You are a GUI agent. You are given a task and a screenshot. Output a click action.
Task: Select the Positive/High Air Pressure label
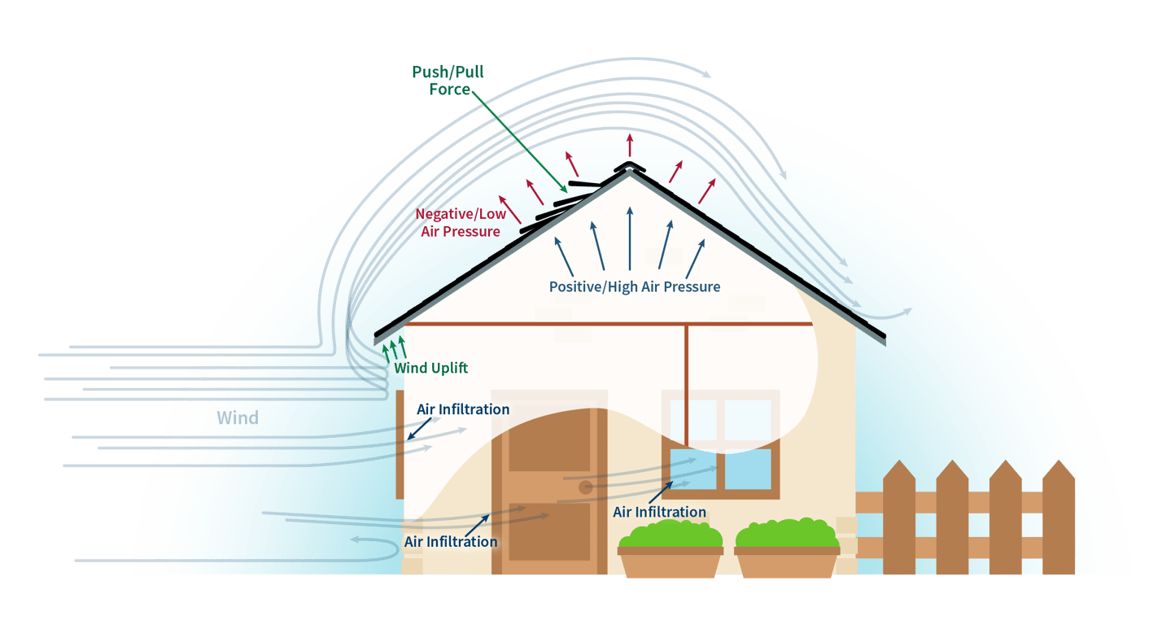point(634,286)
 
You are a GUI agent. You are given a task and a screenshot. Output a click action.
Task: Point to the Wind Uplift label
point(431,368)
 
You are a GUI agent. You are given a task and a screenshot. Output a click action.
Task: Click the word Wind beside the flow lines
point(237,418)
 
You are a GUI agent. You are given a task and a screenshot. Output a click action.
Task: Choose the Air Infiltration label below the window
point(659,512)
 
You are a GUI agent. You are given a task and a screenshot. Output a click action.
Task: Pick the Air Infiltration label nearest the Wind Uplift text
point(463,409)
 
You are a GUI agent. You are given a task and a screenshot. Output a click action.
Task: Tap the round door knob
point(585,488)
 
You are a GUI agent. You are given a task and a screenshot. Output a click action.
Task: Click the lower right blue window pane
point(748,470)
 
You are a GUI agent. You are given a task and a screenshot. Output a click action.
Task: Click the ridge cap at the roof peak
point(628,168)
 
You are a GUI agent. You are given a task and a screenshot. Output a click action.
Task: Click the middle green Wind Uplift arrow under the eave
point(394,347)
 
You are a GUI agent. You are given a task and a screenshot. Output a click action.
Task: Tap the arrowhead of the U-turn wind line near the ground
point(355,539)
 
